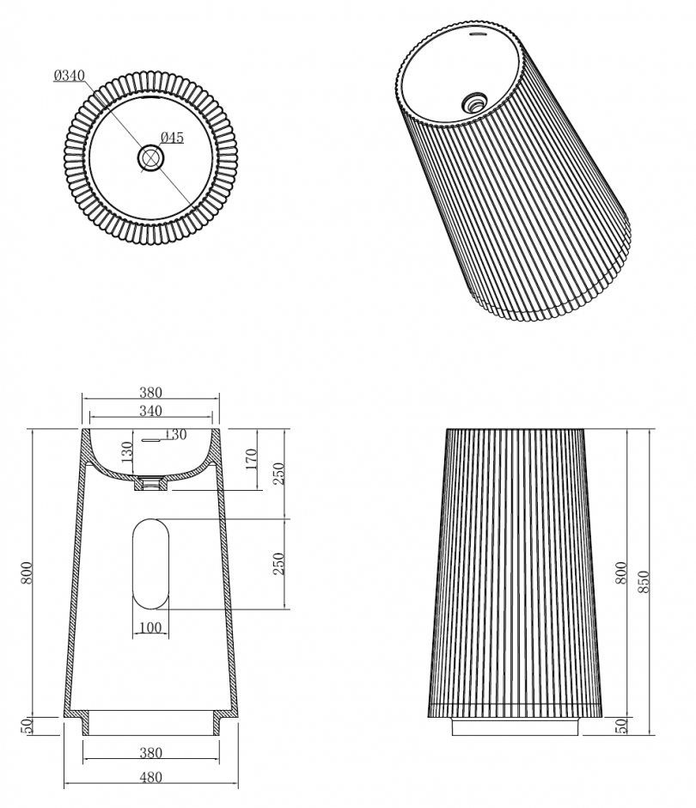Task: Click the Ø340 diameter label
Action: coord(68,77)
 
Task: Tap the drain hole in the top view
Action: coord(150,157)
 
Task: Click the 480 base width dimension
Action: coord(150,778)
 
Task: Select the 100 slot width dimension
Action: coord(150,628)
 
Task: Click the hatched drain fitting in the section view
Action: coord(151,485)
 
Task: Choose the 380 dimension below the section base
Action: coord(150,753)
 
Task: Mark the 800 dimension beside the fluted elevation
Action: coord(621,573)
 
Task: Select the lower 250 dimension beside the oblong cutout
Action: coord(278,565)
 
